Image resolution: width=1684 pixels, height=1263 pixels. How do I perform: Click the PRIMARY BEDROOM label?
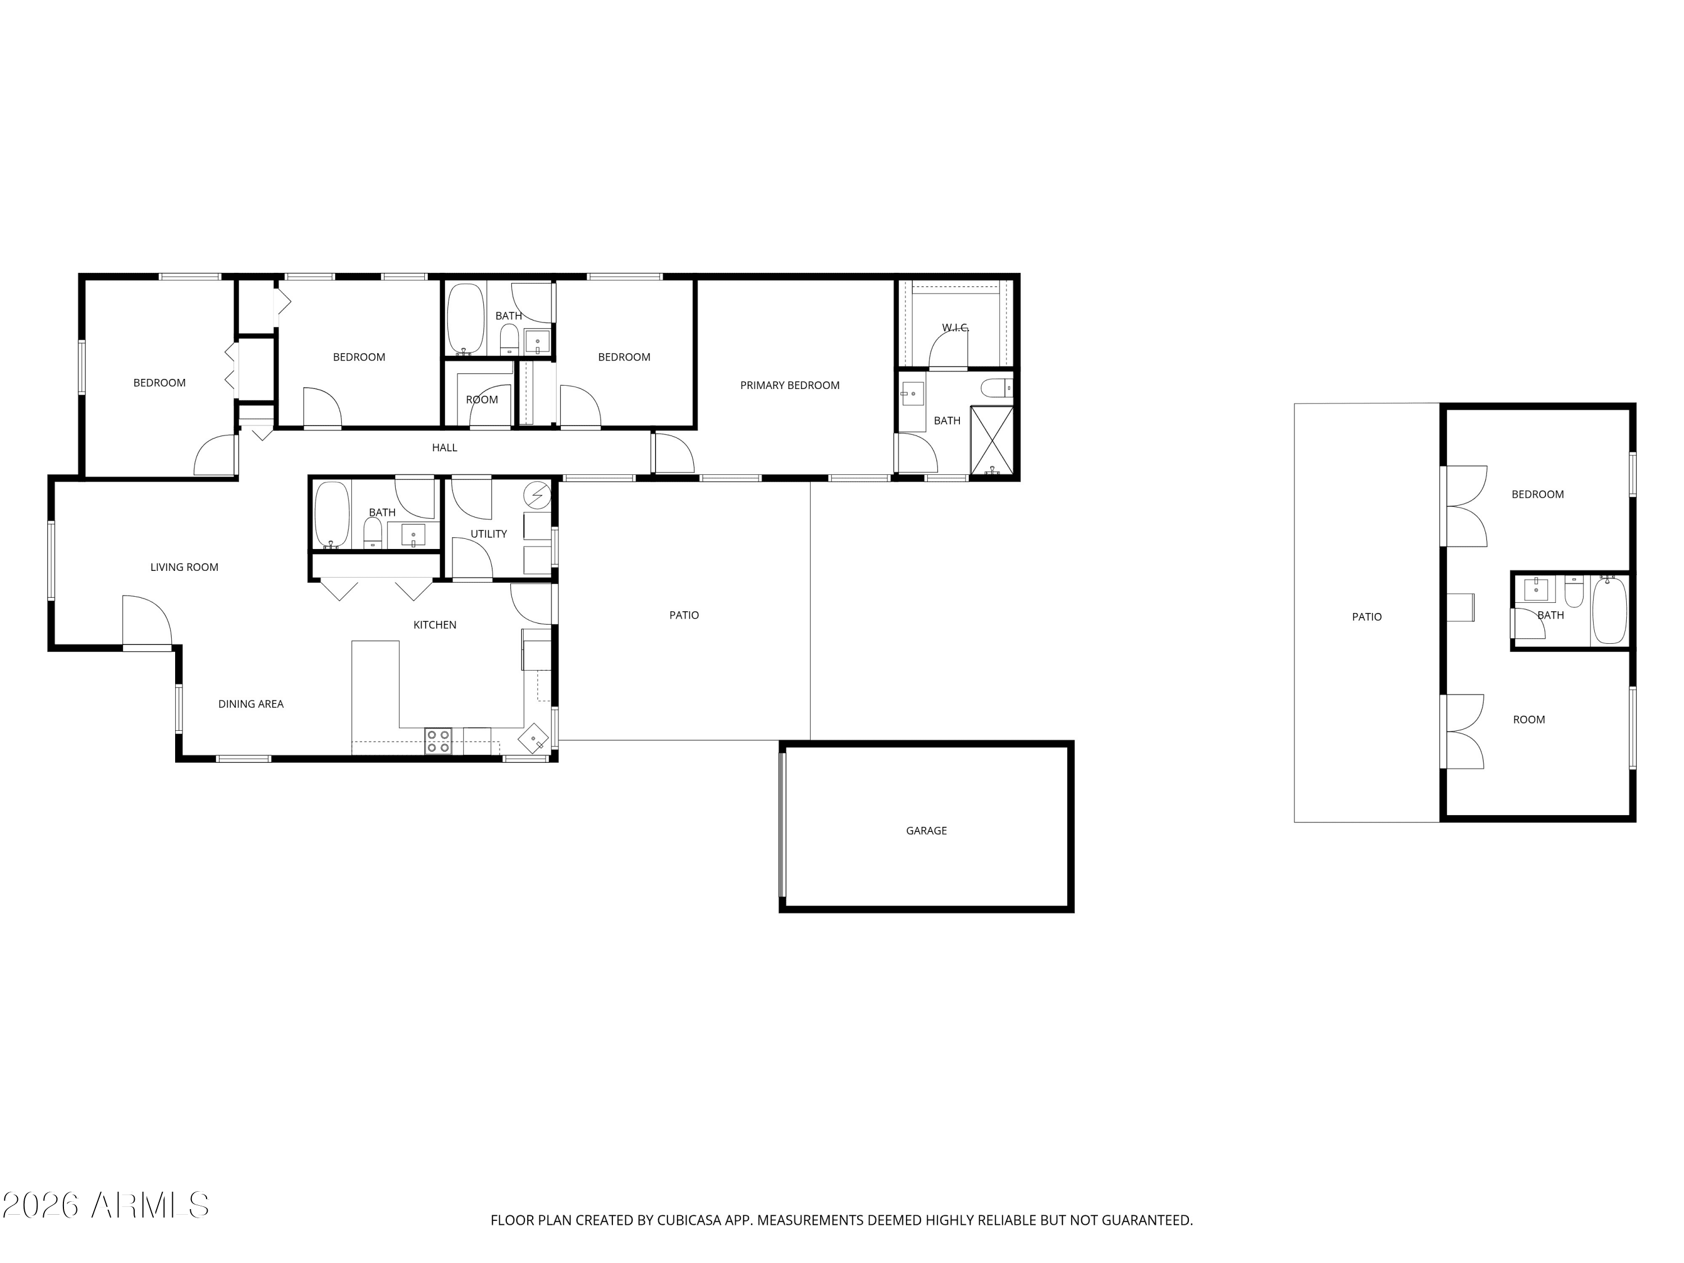point(789,385)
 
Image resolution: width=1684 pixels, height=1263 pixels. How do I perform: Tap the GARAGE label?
point(926,831)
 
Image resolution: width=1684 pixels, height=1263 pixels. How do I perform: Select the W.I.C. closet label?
point(955,327)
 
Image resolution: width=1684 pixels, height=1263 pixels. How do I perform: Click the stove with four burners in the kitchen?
point(438,742)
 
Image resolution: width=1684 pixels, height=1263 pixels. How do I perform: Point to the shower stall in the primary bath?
point(991,440)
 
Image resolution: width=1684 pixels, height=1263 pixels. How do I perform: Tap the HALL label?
point(444,447)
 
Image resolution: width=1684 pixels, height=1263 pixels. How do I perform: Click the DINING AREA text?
point(250,704)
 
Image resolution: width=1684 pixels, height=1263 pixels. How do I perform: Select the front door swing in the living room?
point(147,620)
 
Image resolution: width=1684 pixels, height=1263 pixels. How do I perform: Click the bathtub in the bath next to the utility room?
point(332,515)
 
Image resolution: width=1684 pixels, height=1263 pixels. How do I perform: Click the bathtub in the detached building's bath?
point(1609,610)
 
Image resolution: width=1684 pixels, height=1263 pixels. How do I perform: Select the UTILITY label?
point(488,534)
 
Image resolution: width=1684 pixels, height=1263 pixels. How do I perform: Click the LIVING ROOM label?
point(184,567)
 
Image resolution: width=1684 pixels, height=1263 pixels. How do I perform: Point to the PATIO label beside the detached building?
point(1366,617)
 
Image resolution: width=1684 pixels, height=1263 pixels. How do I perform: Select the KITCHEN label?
point(434,625)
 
